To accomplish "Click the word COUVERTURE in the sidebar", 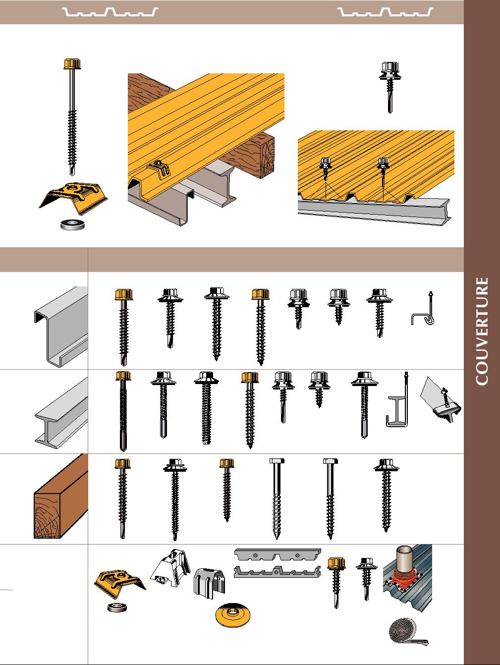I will point(482,331).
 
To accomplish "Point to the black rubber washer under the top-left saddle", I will point(72,224).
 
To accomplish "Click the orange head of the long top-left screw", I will point(72,64).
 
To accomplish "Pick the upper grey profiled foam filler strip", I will point(278,554).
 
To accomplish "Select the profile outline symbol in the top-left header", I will point(111,12).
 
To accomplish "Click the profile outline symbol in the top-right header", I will point(386,12).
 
